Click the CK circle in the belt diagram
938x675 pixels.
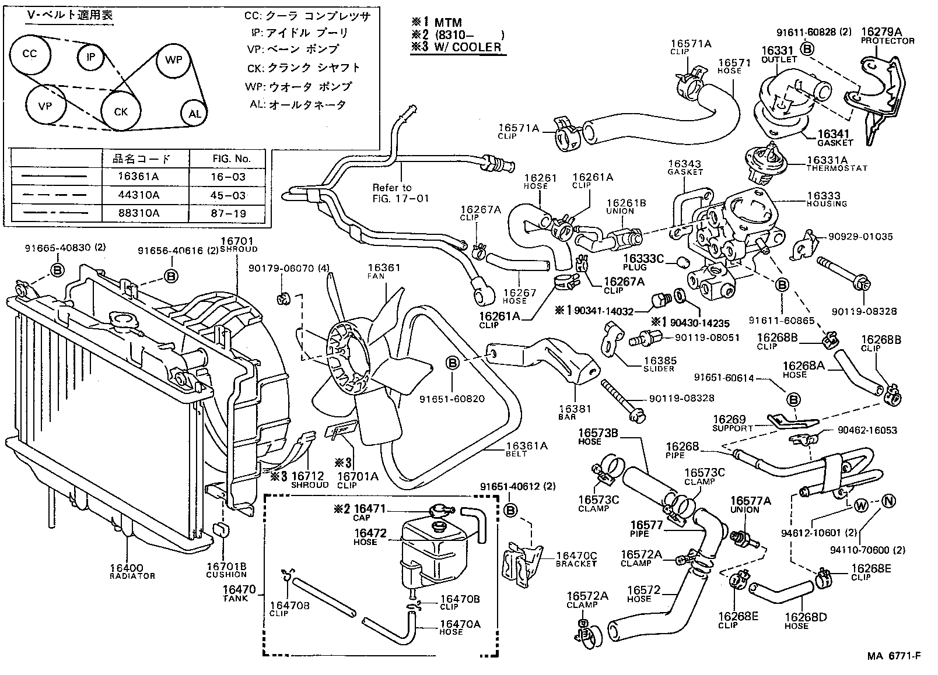(x=121, y=111)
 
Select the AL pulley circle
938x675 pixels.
(x=194, y=114)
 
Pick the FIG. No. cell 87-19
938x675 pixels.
(x=228, y=213)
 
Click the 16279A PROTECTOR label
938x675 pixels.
(x=887, y=36)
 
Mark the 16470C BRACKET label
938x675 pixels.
(x=576, y=560)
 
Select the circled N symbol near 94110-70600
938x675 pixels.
(x=888, y=501)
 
